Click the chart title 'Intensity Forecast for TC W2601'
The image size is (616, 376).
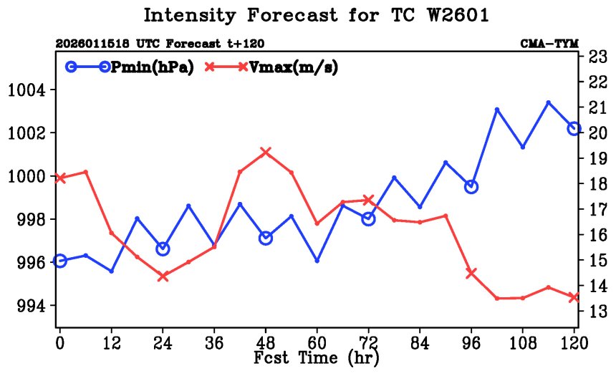coord(316,16)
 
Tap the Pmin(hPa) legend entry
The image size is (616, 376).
coord(129,67)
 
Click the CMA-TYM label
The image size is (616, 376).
coord(549,43)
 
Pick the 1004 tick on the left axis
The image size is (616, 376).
coord(27,90)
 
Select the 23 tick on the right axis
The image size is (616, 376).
coord(597,57)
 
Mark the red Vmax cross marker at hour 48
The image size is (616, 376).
coord(266,152)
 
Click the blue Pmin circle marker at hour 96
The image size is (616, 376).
coord(471,186)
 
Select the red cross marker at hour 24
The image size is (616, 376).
coord(163,276)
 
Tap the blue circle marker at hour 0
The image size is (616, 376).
coord(60,261)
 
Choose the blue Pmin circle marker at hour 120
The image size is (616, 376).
coord(574,128)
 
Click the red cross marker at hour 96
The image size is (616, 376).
coord(471,272)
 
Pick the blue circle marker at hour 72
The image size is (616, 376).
coord(368,218)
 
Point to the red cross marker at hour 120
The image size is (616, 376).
coord(574,297)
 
